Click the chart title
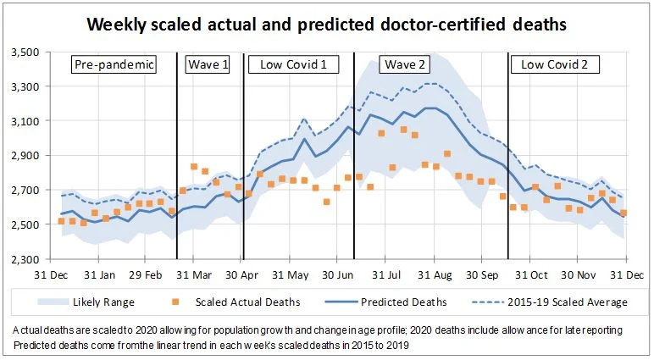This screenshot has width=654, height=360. (x=327, y=25)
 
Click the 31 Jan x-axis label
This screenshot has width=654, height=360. (x=102, y=276)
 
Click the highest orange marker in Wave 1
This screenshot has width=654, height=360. (x=194, y=167)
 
